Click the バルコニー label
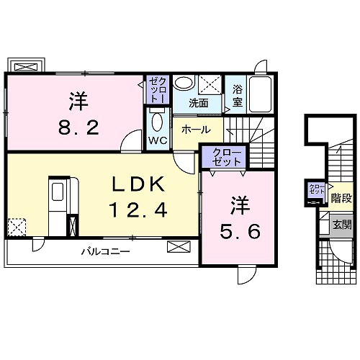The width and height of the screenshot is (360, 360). click(x=105, y=251)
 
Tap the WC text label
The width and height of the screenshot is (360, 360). click(x=158, y=140)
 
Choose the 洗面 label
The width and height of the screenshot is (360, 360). click(x=199, y=103)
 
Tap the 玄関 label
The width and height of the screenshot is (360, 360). click(x=342, y=225)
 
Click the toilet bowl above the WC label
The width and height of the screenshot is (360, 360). click(x=157, y=119)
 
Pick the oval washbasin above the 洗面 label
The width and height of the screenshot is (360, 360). click(x=184, y=83)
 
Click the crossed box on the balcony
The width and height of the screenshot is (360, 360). click(x=176, y=248)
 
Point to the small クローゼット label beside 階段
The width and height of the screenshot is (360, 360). click(x=316, y=190)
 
